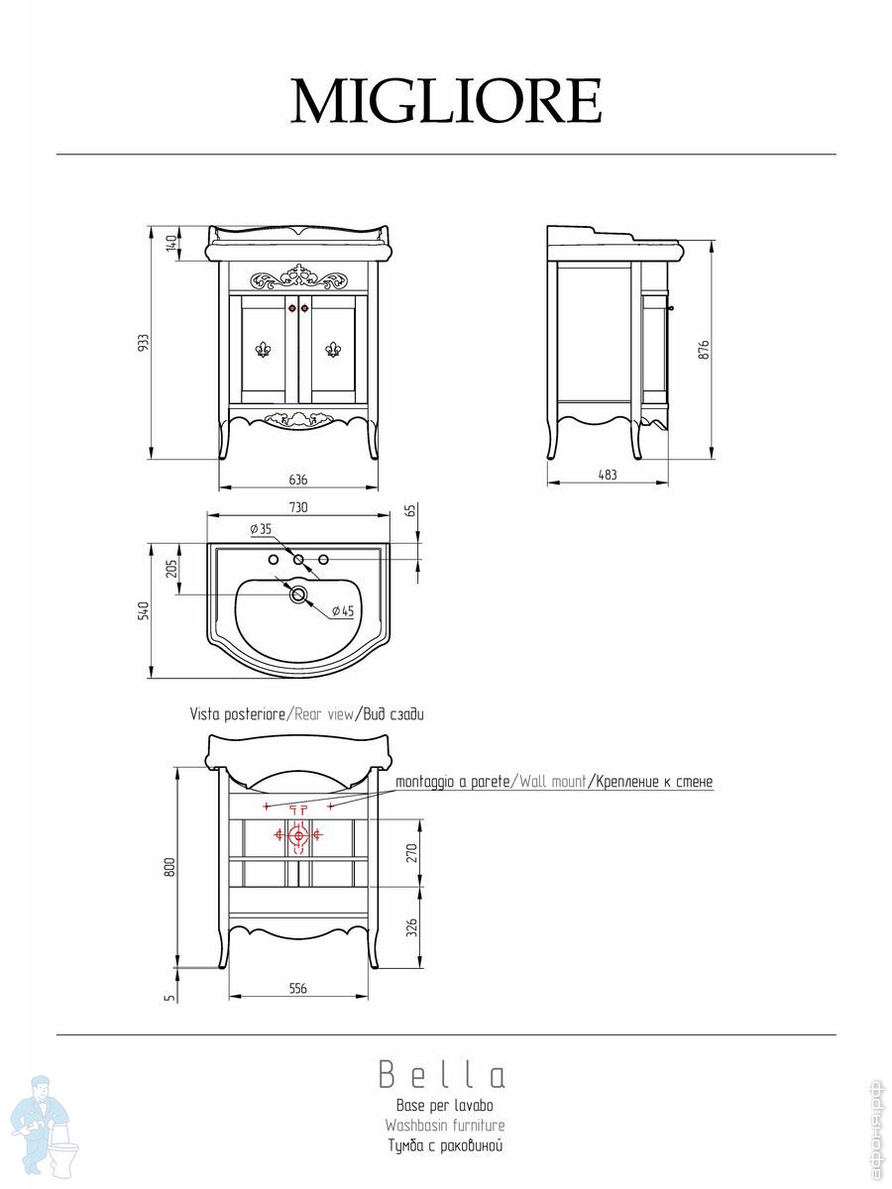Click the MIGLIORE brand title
[x=446, y=101]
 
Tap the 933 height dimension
[x=143, y=343]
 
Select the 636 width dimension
[x=298, y=480]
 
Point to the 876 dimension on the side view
[x=703, y=351]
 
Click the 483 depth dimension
[x=608, y=475]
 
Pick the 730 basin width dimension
[x=298, y=507]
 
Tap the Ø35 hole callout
[x=261, y=529]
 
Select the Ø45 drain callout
[x=342, y=611]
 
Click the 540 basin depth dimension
[x=143, y=611]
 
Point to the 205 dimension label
[x=172, y=568]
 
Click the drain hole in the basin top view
[x=298, y=594]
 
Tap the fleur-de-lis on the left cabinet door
[x=264, y=350]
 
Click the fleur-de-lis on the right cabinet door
[x=333, y=350]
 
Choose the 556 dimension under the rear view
[x=298, y=989]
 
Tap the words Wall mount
[x=552, y=782]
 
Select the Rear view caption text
[x=324, y=714]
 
